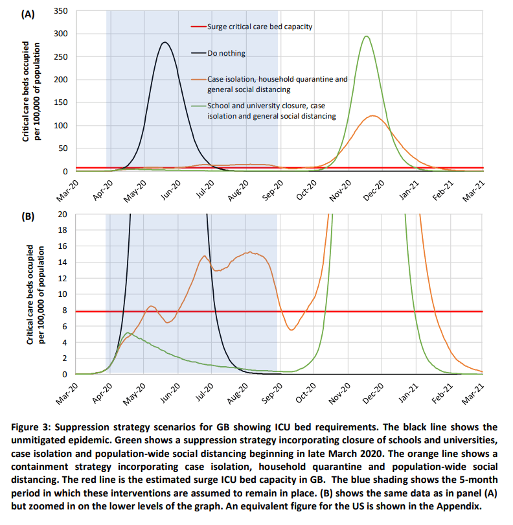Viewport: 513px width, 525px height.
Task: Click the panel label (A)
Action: click(28, 15)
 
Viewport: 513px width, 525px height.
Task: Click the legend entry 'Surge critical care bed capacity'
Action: click(260, 27)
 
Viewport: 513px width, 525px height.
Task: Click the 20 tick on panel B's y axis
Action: click(63, 214)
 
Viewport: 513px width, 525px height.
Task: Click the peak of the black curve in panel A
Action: click(165, 43)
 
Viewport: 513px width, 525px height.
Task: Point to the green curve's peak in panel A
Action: click(367, 36)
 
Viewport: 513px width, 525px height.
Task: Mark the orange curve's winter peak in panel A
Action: click(373, 115)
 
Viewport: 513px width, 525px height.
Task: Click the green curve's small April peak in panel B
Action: click(128, 332)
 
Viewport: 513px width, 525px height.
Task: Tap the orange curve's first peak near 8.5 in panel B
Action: click(150, 306)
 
